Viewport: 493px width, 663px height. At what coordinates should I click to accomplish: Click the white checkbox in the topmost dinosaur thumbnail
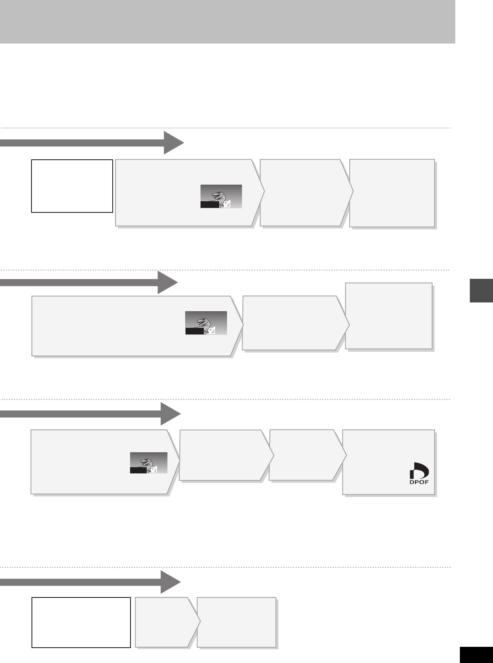click(227, 204)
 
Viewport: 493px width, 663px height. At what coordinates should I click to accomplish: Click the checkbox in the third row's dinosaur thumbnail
click(154, 470)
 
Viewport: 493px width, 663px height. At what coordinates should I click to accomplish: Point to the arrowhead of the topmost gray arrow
click(174, 143)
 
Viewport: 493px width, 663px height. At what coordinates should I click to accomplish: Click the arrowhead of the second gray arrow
click(168, 283)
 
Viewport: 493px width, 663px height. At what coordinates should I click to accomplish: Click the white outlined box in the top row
click(72, 186)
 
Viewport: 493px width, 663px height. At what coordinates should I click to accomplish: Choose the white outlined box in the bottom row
click(81, 622)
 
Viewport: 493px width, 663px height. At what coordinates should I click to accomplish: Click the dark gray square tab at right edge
click(481, 291)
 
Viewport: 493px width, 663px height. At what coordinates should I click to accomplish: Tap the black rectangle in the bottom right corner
click(476, 655)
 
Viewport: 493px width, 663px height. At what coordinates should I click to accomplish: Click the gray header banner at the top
click(227, 22)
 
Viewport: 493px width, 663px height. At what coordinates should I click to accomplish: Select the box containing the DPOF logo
click(388, 462)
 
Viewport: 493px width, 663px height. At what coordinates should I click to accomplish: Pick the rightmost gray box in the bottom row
click(237, 622)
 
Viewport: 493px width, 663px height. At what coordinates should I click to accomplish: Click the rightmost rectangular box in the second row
click(389, 316)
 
